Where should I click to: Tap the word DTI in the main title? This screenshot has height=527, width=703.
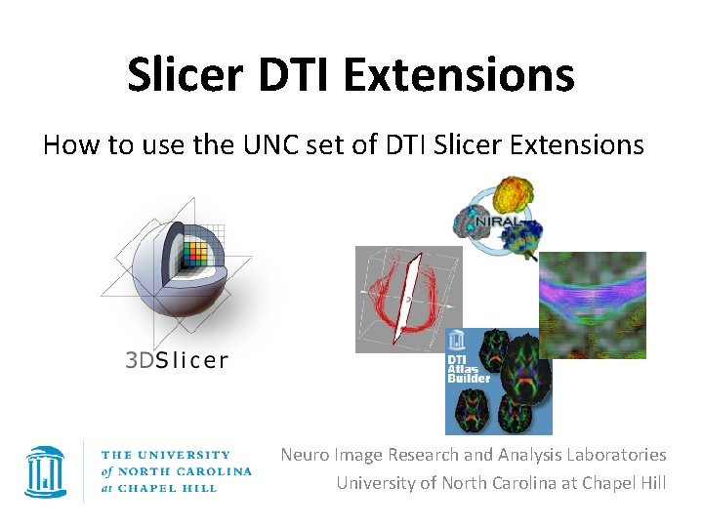tap(313, 74)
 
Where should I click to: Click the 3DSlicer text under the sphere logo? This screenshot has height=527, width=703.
tap(177, 360)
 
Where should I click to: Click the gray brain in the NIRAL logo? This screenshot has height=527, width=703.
tap(475, 224)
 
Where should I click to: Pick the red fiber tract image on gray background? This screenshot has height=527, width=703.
tap(407, 299)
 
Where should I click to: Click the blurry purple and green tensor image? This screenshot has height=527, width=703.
tap(593, 304)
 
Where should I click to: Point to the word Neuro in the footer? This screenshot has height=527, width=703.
tap(305, 455)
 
